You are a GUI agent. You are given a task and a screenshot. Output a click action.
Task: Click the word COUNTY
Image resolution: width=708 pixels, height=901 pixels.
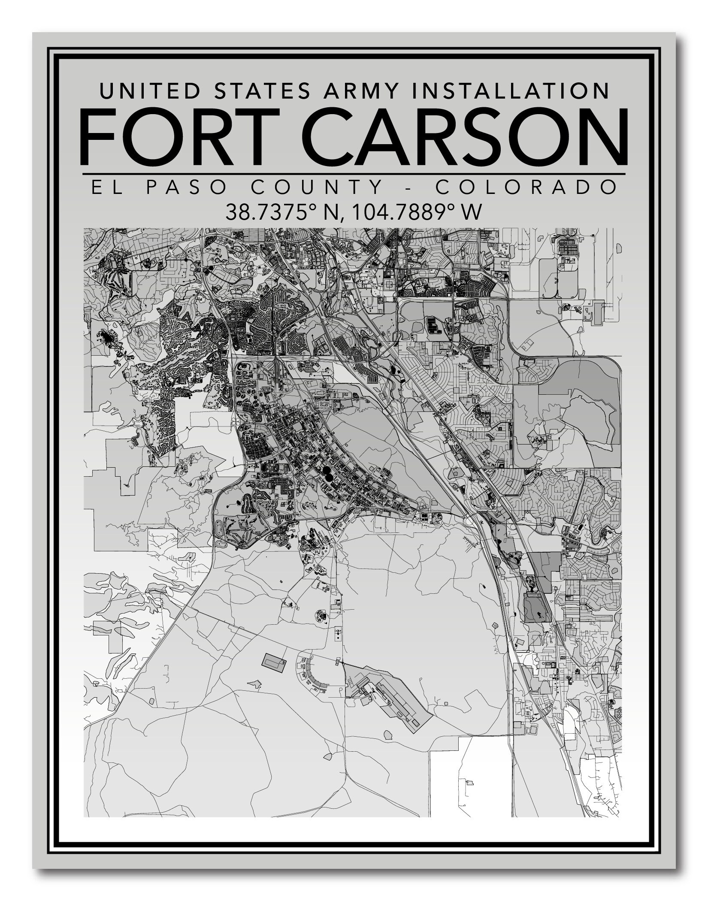[316, 187]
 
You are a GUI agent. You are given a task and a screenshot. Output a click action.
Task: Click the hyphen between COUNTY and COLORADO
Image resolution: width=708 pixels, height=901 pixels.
[409, 187]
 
